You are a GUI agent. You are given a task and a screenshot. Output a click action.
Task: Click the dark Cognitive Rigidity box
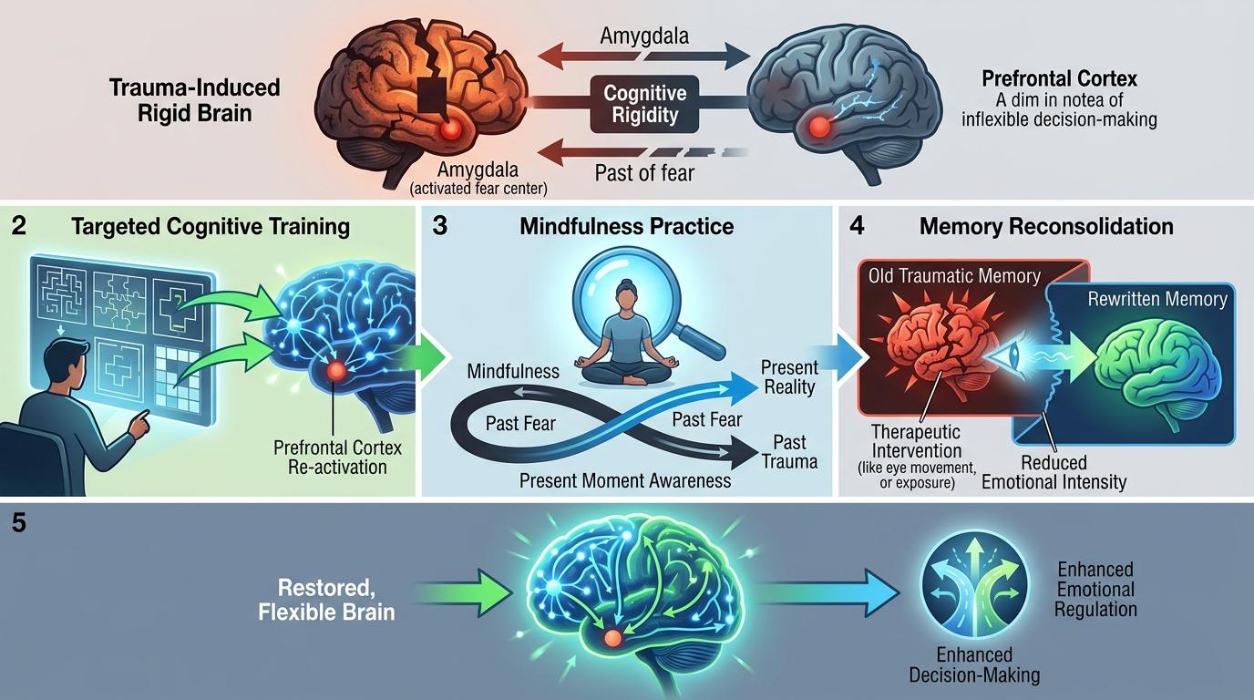[645, 104]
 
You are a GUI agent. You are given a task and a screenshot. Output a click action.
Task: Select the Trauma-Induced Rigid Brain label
[194, 101]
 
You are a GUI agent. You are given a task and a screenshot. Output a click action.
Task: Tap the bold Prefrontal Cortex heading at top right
[1059, 79]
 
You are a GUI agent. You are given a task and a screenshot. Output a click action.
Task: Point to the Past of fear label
[644, 172]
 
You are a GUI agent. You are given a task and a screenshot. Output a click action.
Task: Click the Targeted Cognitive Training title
[211, 226]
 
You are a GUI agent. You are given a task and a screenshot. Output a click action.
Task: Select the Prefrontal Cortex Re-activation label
[337, 458]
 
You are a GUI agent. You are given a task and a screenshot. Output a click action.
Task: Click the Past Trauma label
[789, 452]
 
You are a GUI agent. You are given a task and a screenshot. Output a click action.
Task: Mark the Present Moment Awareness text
[625, 480]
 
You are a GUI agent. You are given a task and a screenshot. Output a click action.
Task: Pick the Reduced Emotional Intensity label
[1054, 472]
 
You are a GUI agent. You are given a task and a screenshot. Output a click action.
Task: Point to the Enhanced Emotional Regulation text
[1095, 589]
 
